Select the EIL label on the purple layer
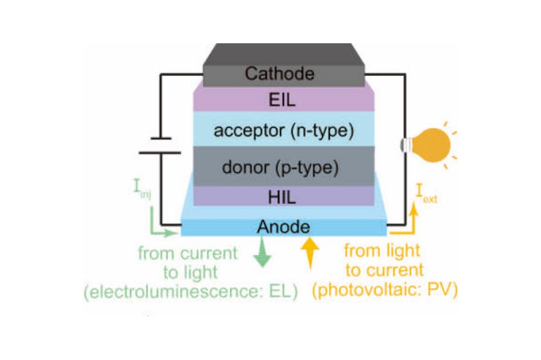pyautogui.click(x=283, y=101)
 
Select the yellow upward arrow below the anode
pyautogui.click(x=309, y=252)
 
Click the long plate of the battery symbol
pyautogui.click(x=159, y=153)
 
